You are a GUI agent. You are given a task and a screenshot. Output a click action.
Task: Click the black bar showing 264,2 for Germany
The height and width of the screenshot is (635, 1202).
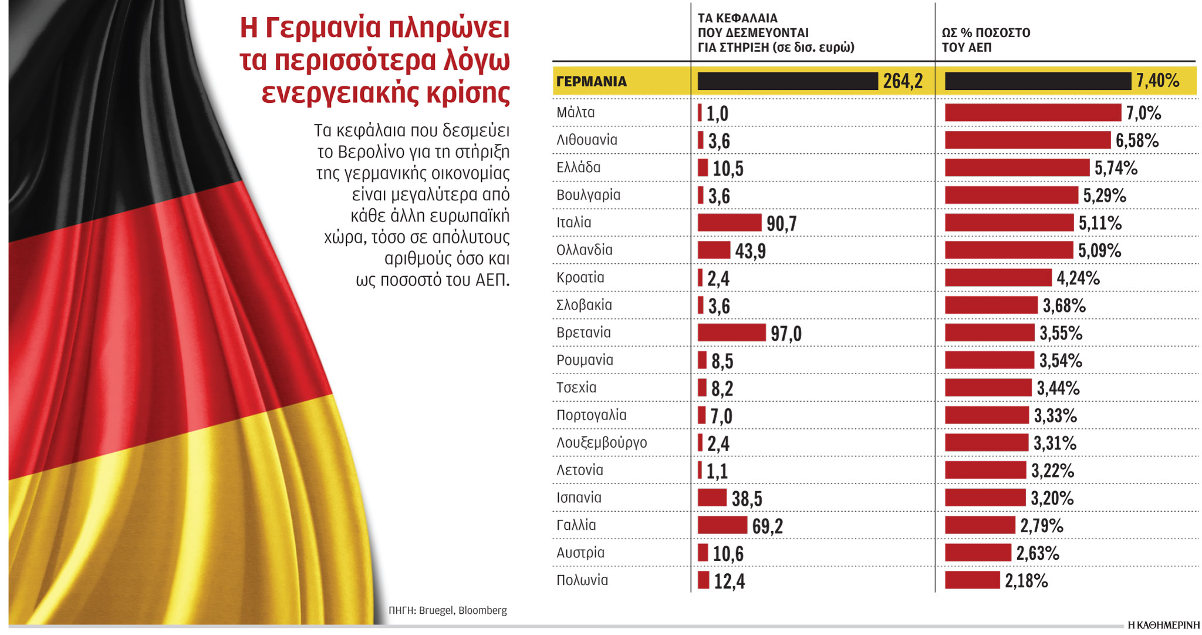787,81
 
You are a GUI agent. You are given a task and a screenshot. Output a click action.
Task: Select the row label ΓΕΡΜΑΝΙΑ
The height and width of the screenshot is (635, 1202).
592,82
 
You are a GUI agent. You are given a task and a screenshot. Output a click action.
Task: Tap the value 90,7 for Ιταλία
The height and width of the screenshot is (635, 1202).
781,224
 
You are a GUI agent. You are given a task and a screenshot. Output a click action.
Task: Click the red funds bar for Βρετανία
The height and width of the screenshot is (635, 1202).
731,332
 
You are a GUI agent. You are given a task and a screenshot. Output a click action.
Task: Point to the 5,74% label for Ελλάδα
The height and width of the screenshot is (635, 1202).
1116,169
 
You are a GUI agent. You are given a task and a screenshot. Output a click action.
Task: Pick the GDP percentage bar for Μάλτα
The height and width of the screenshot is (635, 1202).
1032,113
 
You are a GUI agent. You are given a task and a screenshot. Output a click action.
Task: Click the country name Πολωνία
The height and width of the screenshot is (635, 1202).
582,580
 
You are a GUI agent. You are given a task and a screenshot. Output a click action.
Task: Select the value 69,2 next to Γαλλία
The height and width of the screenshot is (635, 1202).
767,526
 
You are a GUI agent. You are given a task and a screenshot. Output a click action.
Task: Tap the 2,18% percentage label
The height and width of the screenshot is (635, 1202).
1026,581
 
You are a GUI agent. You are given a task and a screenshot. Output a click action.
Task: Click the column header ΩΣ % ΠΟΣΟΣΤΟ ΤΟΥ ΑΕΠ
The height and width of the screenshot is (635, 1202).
986,40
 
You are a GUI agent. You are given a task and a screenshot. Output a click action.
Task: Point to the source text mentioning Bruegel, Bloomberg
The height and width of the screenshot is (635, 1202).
448,610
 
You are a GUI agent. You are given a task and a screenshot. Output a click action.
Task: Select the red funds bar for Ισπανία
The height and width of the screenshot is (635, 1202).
712,498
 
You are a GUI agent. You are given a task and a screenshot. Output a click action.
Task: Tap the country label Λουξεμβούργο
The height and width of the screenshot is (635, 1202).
602,443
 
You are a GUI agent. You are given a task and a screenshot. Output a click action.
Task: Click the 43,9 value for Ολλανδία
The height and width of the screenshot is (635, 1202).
750,251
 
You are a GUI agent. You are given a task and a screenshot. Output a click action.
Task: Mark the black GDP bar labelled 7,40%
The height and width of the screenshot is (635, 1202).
1037,81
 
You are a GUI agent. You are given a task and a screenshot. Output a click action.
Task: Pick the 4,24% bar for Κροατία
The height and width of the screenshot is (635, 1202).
998,277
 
